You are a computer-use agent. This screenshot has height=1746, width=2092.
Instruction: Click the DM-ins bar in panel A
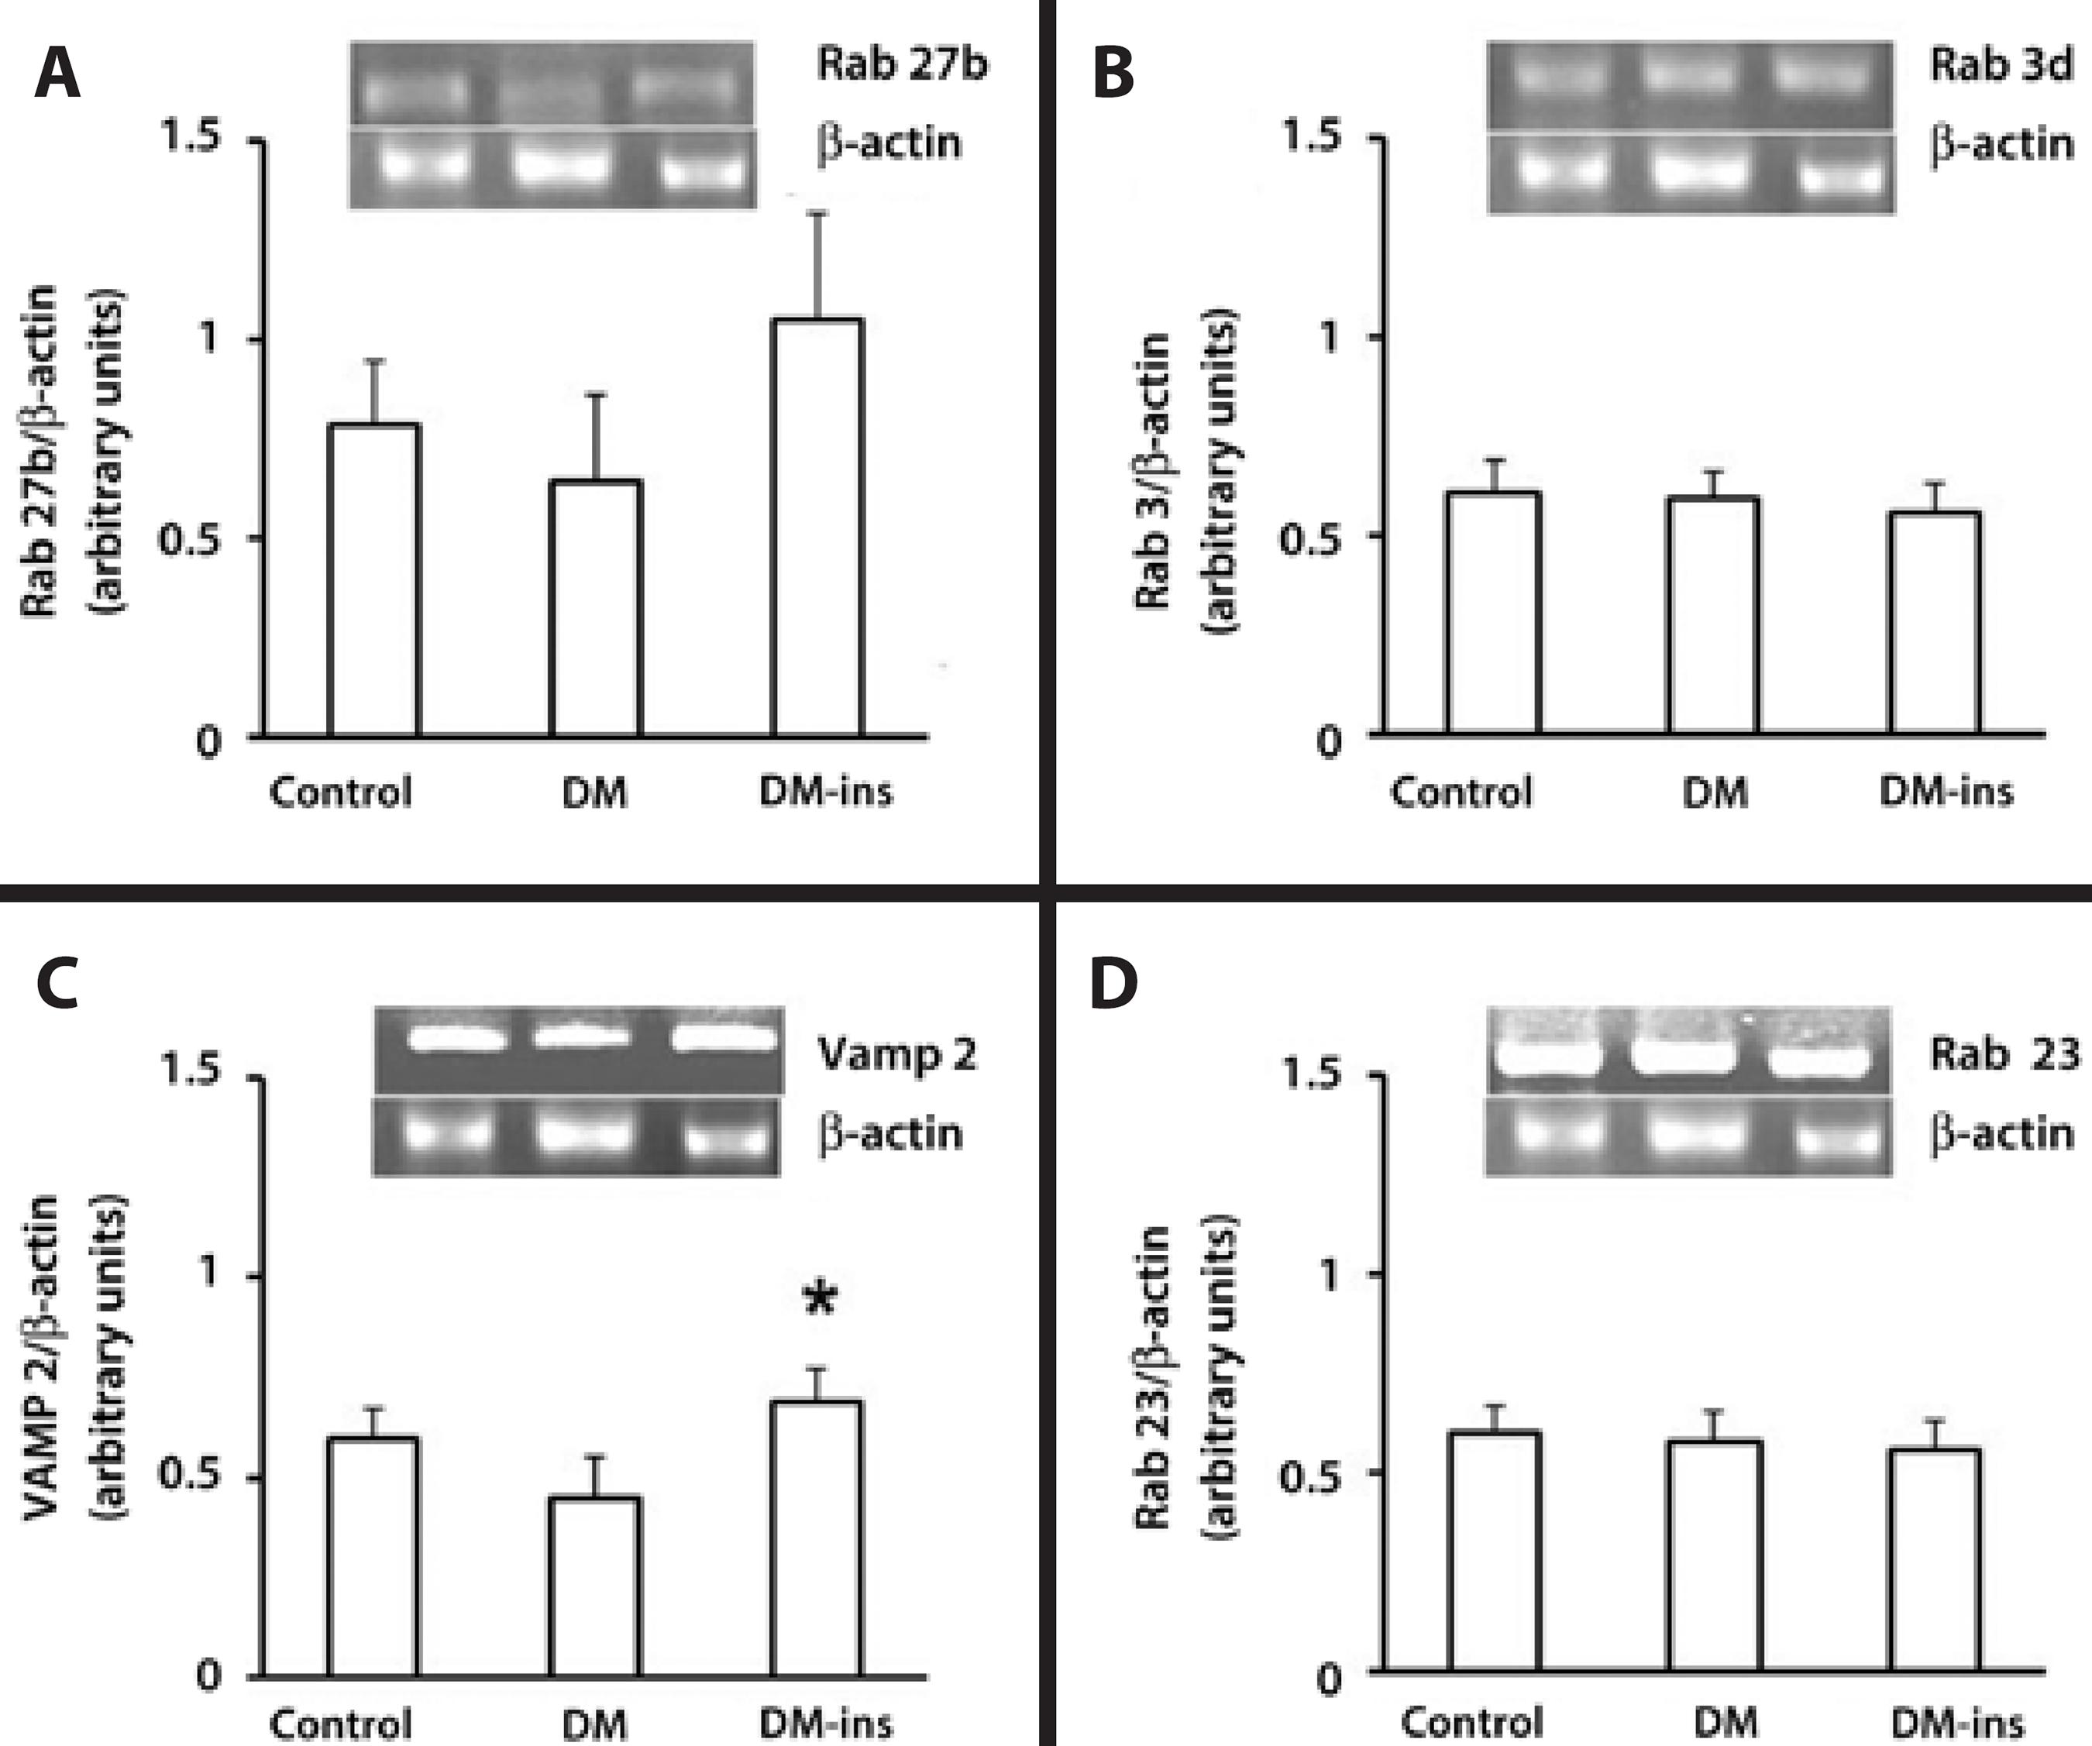point(817,528)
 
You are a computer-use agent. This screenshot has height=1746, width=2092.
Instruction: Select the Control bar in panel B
point(1495,614)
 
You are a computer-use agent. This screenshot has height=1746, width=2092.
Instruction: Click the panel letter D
point(1113,984)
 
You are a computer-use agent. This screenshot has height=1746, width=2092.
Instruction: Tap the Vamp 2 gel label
point(896,1053)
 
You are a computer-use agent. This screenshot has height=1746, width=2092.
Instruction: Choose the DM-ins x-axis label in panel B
point(1946,792)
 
